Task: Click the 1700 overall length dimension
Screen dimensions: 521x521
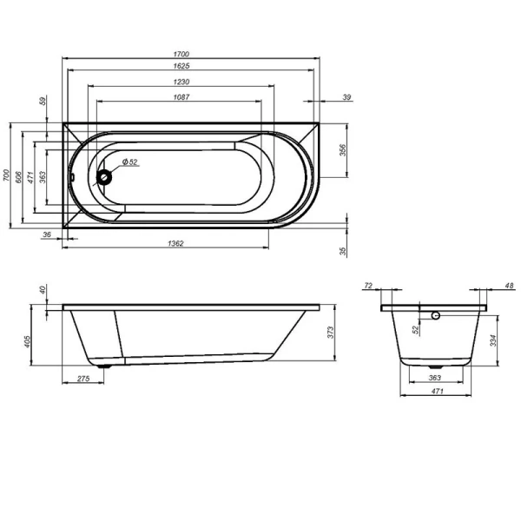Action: (181, 55)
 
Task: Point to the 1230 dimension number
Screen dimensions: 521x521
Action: (181, 82)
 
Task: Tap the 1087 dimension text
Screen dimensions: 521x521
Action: (181, 96)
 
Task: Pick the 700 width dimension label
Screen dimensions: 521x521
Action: (6, 175)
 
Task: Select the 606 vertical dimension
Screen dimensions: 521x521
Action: (18, 176)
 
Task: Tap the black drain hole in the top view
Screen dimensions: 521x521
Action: (106, 178)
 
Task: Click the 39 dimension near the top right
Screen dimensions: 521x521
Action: (346, 97)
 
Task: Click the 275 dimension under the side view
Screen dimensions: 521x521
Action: (84, 380)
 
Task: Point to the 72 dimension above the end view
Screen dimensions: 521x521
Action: (368, 285)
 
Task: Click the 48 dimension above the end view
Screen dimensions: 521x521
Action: (509, 285)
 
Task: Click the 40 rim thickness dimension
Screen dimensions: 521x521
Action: (41, 289)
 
